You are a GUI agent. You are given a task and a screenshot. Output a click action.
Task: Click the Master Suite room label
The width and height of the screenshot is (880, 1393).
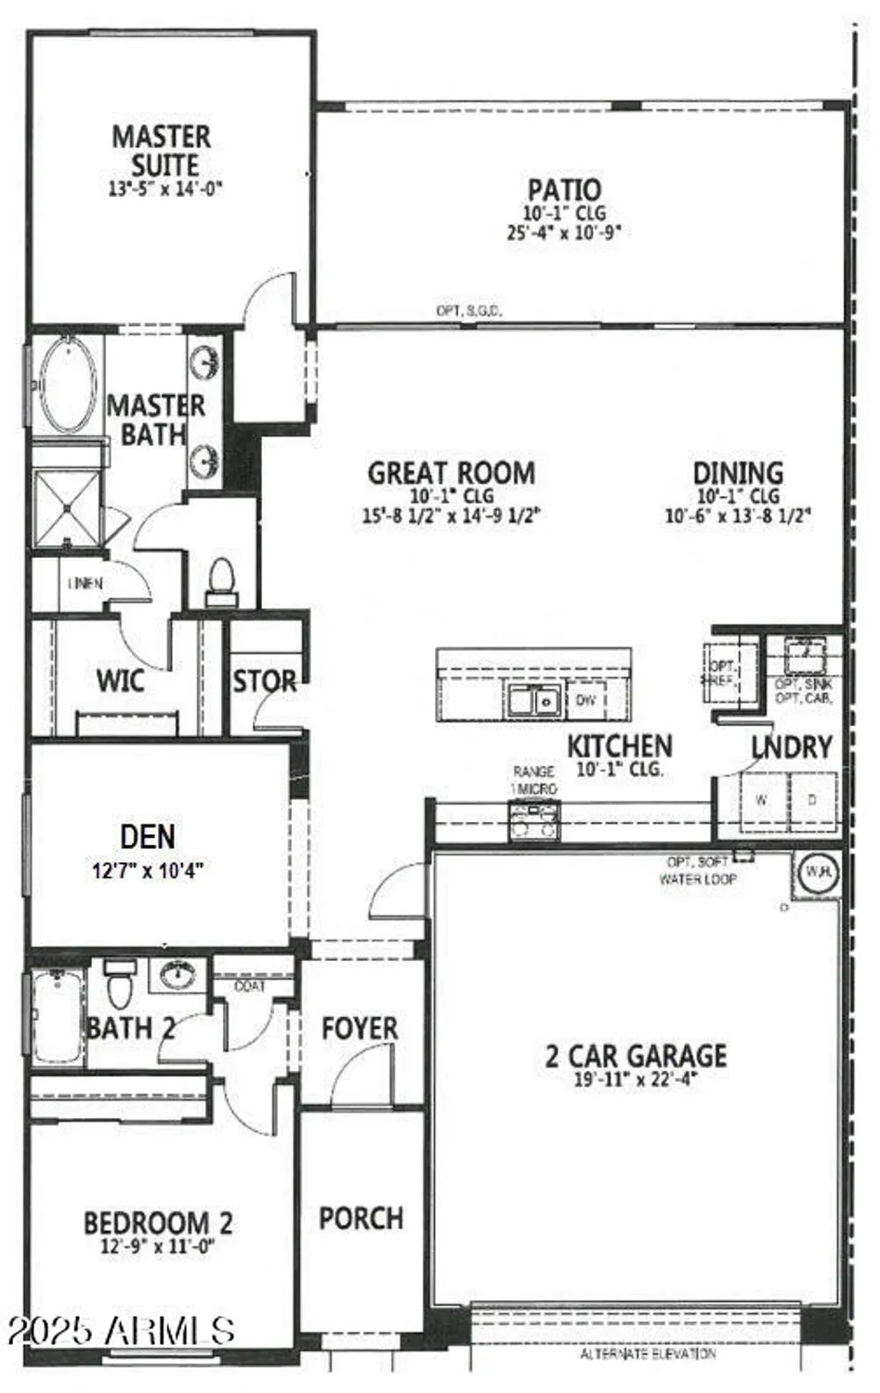(x=162, y=151)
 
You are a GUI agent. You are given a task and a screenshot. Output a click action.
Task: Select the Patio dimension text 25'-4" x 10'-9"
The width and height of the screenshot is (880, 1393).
(x=563, y=232)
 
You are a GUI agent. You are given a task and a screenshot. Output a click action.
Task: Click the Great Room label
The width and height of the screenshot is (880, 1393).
(x=452, y=473)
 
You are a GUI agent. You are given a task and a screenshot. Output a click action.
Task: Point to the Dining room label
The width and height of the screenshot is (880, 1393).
(x=738, y=473)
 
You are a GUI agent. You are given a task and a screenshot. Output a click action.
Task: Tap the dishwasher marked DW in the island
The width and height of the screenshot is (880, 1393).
(x=585, y=700)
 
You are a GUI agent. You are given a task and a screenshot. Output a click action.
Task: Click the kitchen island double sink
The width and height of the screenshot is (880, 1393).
(x=533, y=700)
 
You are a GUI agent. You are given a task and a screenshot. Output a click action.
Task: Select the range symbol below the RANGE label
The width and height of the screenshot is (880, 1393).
(x=533, y=818)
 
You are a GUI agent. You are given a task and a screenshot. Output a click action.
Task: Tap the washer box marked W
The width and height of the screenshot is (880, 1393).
(x=762, y=800)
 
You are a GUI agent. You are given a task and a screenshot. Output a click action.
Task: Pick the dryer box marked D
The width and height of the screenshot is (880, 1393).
(x=812, y=800)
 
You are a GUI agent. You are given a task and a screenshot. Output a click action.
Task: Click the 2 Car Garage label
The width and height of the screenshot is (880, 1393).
(x=636, y=1056)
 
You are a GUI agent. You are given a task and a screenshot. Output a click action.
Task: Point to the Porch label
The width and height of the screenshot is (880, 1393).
(x=361, y=1218)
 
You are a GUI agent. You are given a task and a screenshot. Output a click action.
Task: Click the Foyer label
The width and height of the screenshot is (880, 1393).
(x=360, y=1028)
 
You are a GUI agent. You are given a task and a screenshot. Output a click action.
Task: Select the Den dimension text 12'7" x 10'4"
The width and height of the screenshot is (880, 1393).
(x=148, y=871)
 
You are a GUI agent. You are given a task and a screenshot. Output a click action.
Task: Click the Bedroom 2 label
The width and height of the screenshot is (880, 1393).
(x=158, y=1223)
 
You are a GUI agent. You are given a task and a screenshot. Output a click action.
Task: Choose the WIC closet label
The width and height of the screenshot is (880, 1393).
(x=120, y=680)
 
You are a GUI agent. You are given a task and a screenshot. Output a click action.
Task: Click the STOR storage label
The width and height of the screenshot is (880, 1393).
(x=265, y=682)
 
